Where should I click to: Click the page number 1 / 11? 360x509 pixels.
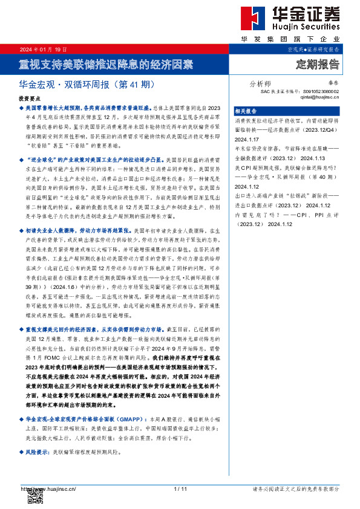click(180, 488)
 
